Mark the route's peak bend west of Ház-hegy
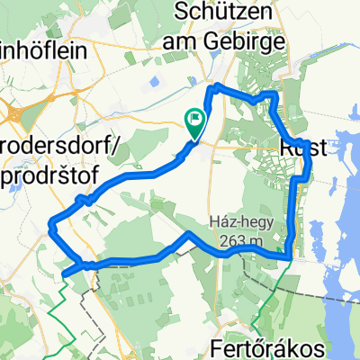(187, 233)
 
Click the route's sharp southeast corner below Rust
(288, 256)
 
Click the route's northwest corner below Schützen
(214, 86)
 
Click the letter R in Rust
(287, 148)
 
